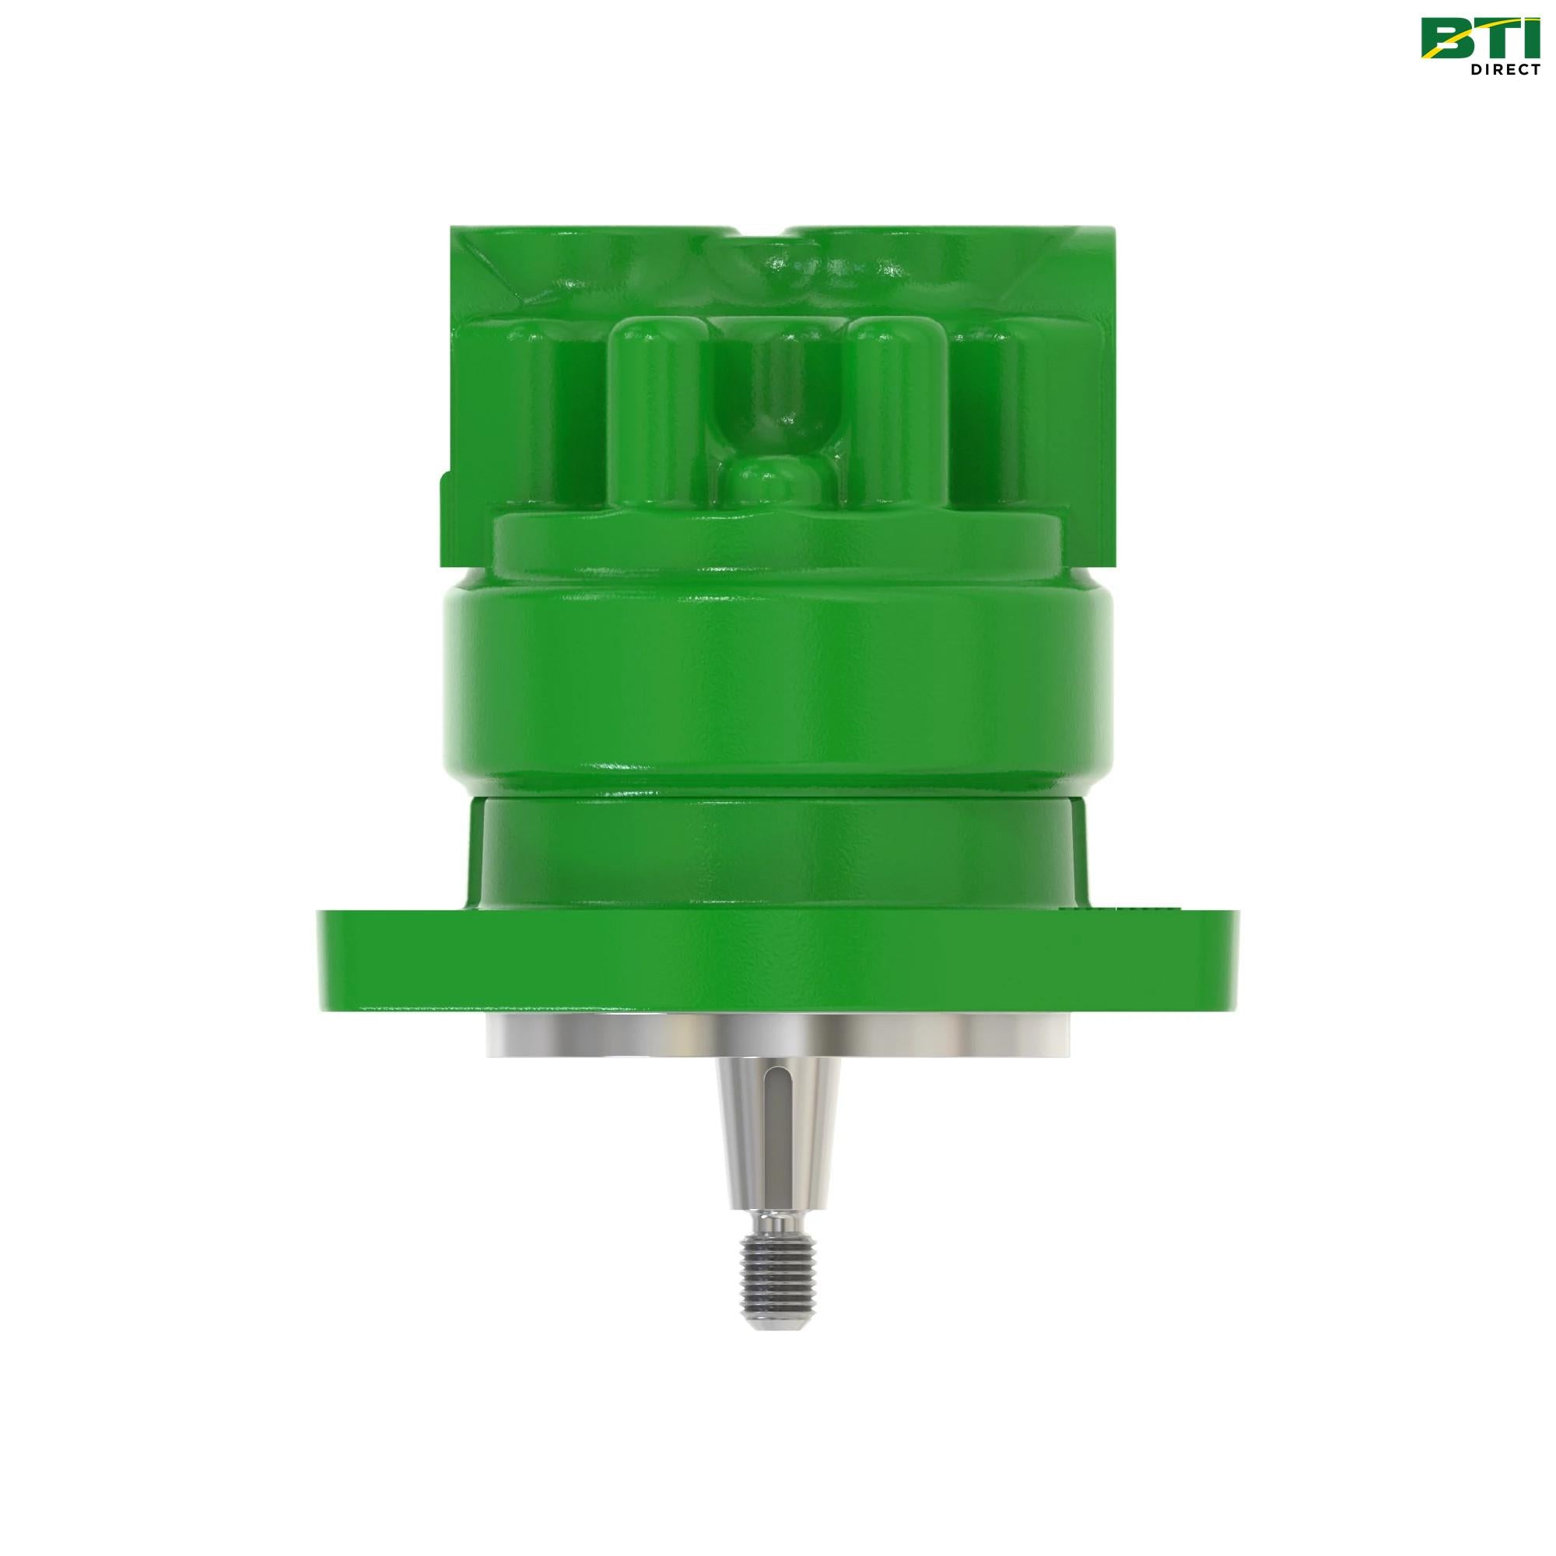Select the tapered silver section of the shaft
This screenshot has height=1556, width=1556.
click(x=757, y=1136)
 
